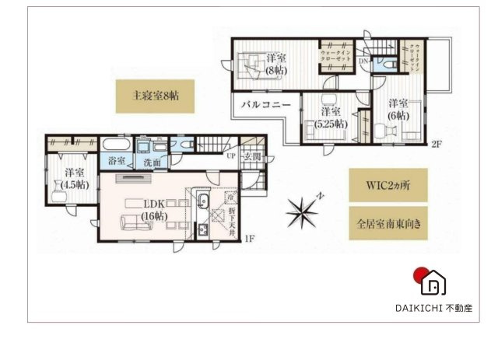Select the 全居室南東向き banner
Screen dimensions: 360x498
point(387,223)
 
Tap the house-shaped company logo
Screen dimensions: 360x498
point(430,281)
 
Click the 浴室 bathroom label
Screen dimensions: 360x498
point(117,163)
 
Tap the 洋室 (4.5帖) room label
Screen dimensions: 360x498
point(75,178)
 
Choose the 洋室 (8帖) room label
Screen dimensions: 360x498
point(275,64)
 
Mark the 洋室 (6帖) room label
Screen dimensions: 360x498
point(398,109)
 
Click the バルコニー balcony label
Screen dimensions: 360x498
point(265,103)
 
